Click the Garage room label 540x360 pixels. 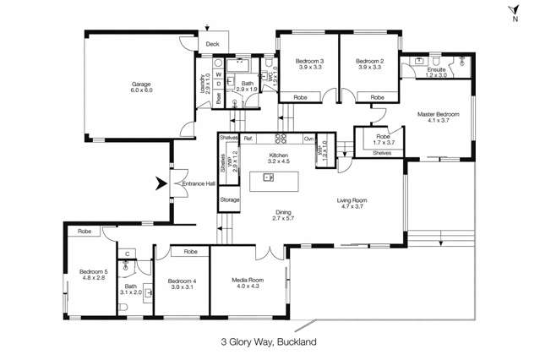(x=139, y=84)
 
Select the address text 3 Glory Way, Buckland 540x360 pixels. (x=270, y=343)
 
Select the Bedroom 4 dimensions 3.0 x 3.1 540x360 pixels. (x=181, y=288)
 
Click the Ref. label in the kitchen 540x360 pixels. (x=248, y=138)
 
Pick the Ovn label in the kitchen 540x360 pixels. (x=309, y=138)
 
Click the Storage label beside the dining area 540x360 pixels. (x=229, y=200)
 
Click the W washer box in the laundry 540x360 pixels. (x=218, y=74)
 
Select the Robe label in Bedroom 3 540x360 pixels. (x=300, y=98)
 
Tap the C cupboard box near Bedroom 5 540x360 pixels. (x=126, y=253)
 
